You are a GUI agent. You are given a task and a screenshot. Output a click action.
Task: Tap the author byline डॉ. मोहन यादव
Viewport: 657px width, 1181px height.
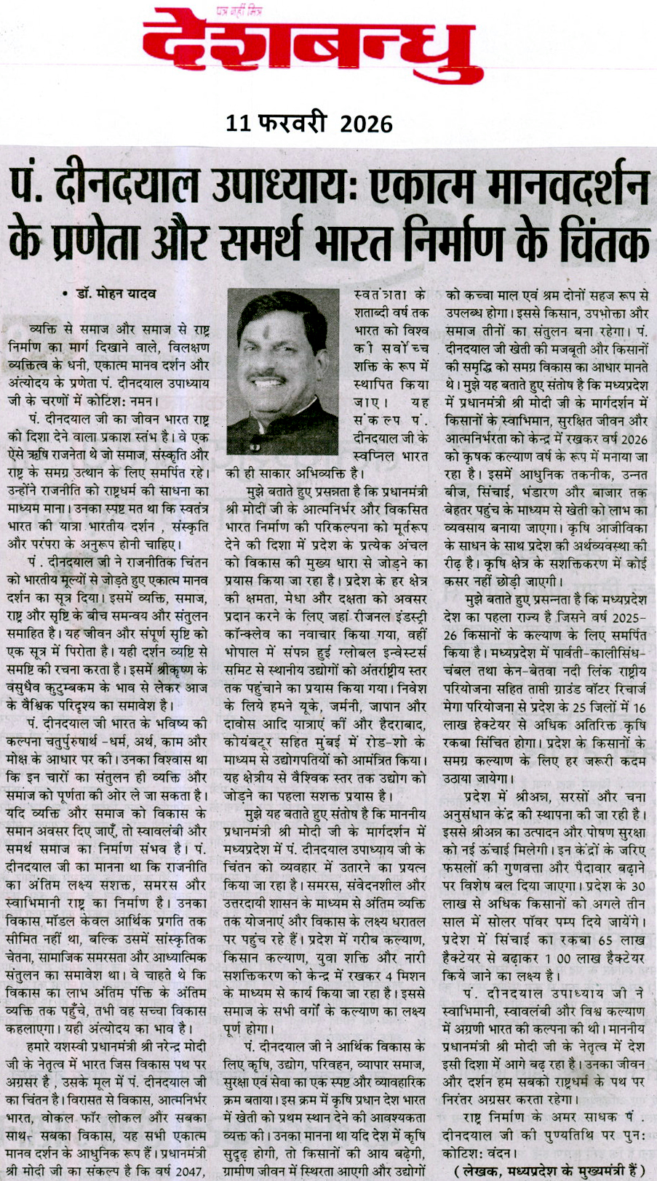click(x=122, y=295)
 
